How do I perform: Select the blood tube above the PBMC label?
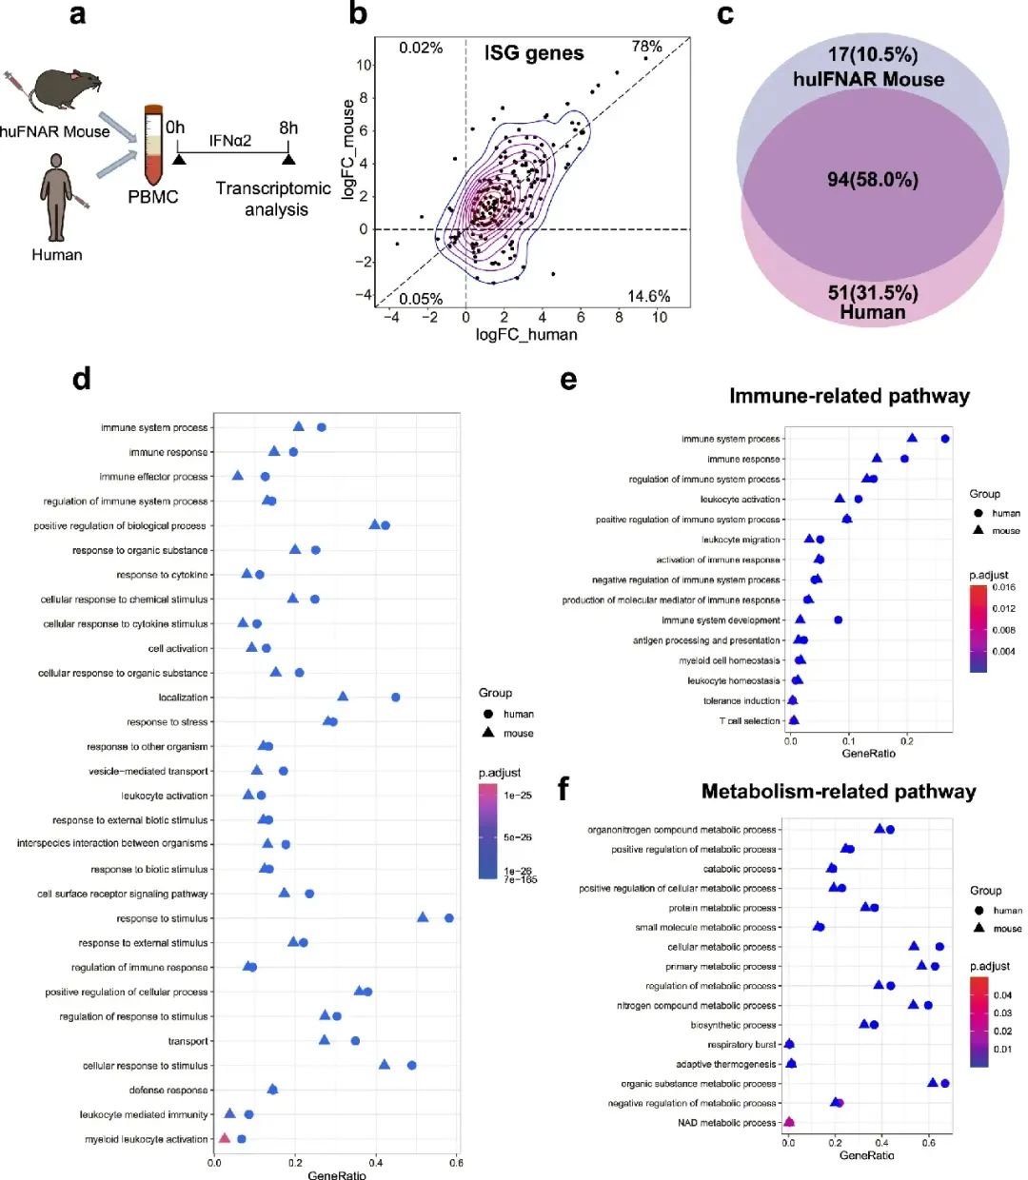(x=153, y=145)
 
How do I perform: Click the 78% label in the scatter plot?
(x=647, y=47)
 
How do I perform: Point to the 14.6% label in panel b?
(x=648, y=296)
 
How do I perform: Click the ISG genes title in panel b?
(x=534, y=53)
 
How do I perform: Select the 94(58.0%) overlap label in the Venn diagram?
(x=872, y=179)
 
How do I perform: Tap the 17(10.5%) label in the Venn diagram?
(x=872, y=55)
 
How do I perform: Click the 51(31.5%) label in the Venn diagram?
(x=872, y=292)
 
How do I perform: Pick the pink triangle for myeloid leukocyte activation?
(x=225, y=1138)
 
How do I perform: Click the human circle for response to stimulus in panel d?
(x=449, y=918)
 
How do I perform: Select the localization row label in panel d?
(x=183, y=698)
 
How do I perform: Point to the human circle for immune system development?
(x=838, y=619)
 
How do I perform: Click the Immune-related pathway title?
(x=849, y=396)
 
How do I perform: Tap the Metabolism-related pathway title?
(x=839, y=791)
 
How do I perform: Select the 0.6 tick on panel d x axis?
(x=456, y=1163)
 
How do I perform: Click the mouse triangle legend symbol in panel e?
(x=979, y=530)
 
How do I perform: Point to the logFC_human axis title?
(x=526, y=334)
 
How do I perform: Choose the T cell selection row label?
(x=749, y=721)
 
